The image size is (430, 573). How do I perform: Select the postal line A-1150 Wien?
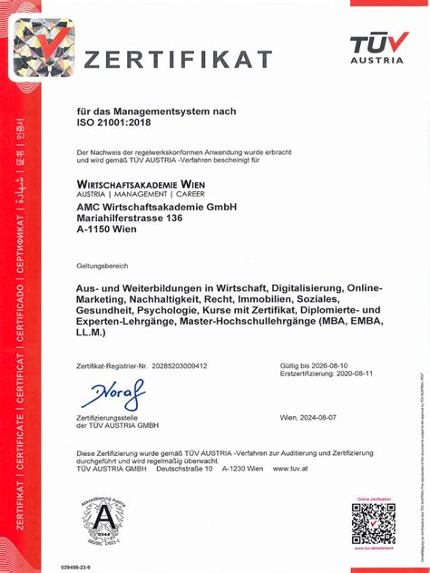(107, 230)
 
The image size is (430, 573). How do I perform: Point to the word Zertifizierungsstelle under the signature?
(113, 417)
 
